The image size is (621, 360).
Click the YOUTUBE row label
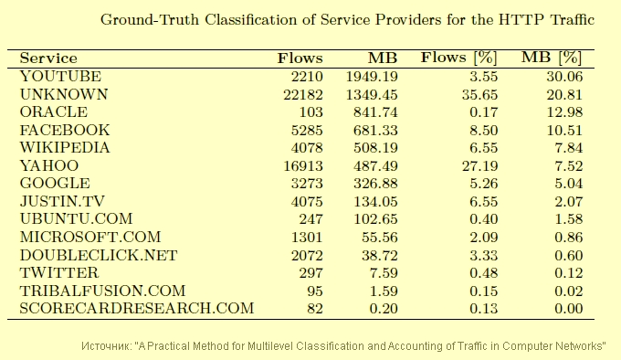click(x=60, y=76)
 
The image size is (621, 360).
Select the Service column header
click(x=48, y=58)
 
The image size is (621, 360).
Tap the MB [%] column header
click(x=552, y=58)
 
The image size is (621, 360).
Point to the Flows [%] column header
click(x=458, y=58)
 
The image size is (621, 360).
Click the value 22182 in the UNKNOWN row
click(x=303, y=95)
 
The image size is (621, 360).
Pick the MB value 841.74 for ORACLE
click(x=375, y=112)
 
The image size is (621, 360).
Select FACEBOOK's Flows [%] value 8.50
click(x=484, y=131)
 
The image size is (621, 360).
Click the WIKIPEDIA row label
click(x=65, y=148)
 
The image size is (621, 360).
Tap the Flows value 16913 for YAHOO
click(x=303, y=166)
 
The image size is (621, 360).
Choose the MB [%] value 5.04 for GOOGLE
click(x=569, y=184)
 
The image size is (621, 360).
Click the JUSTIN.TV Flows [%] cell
click(x=484, y=202)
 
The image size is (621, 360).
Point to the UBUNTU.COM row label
click(x=76, y=219)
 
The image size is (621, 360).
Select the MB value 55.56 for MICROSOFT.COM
click(x=379, y=238)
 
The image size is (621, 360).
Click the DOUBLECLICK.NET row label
click(x=99, y=256)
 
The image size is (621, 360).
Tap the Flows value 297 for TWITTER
click(x=310, y=273)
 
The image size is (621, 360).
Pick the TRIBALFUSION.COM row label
click(x=102, y=291)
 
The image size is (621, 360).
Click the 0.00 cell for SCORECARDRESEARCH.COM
click(x=569, y=309)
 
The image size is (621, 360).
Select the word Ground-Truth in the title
click(x=150, y=20)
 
